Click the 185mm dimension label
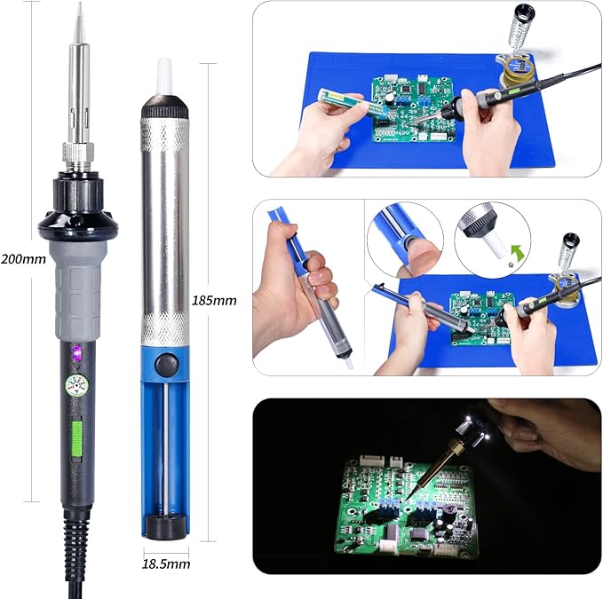pos(214,300)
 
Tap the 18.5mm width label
pos(166,564)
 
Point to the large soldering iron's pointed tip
pos(78,11)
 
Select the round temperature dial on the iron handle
pos(75,386)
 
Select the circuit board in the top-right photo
pos(412,110)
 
